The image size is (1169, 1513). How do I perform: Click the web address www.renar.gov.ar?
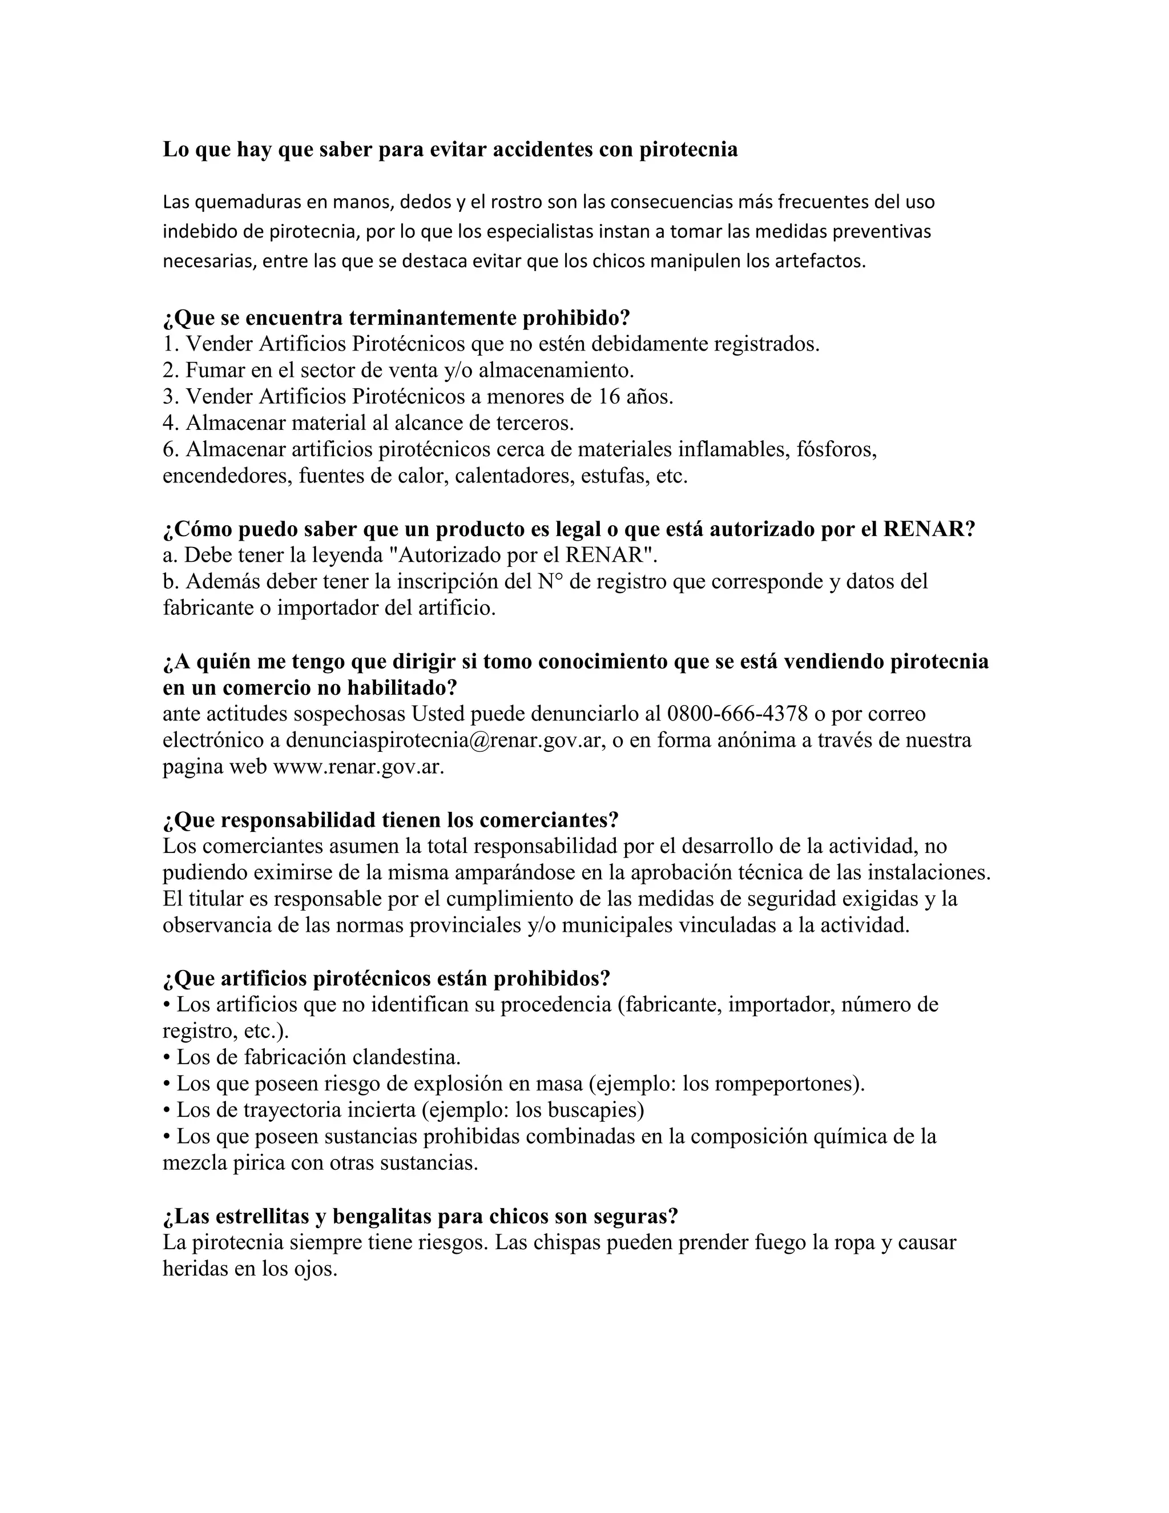tap(358, 767)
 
